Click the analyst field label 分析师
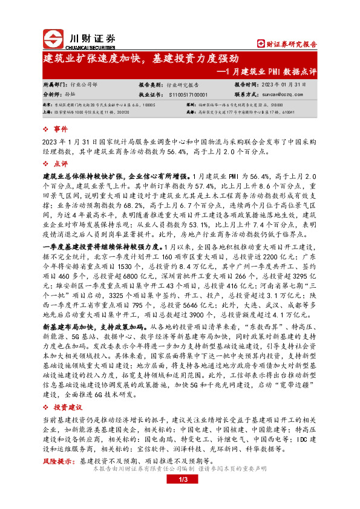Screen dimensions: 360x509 click(53, 95)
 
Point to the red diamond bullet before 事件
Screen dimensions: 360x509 click(48, 129)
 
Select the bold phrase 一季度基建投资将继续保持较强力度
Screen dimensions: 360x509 click(102, 248)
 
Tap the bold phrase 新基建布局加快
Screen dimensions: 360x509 click(72, 326)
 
